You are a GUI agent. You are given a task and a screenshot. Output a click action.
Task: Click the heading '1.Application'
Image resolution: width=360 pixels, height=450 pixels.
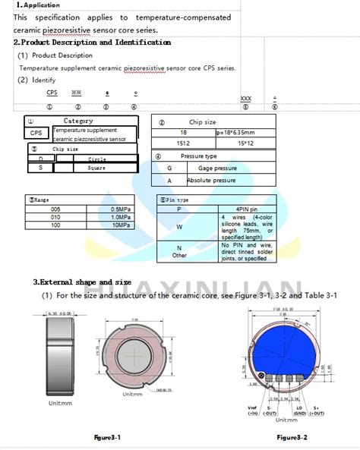38,5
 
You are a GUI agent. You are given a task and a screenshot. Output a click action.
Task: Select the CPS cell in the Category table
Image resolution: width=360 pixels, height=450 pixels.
36,133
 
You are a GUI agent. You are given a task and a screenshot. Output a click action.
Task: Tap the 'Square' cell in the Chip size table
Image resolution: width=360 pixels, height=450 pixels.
96,168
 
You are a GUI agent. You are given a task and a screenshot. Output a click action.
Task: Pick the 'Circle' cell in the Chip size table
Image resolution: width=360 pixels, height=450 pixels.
96,159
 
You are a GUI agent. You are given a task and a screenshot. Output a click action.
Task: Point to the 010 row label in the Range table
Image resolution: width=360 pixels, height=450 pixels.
55,217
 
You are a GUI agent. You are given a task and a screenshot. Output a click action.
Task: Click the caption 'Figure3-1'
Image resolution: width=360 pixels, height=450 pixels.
107,438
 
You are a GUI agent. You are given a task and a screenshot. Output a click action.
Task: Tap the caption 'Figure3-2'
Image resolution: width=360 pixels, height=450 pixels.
292,438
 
